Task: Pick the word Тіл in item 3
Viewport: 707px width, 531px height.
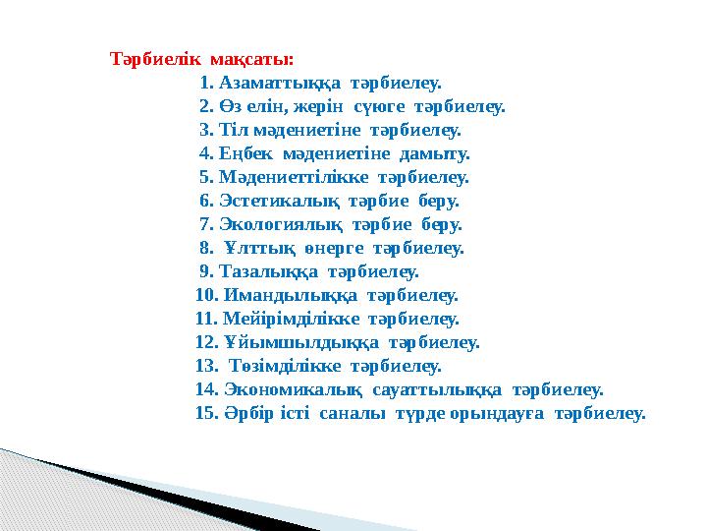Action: click(x=234, y=130)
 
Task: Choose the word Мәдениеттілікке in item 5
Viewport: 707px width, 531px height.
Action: click(x=298, y=177)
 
